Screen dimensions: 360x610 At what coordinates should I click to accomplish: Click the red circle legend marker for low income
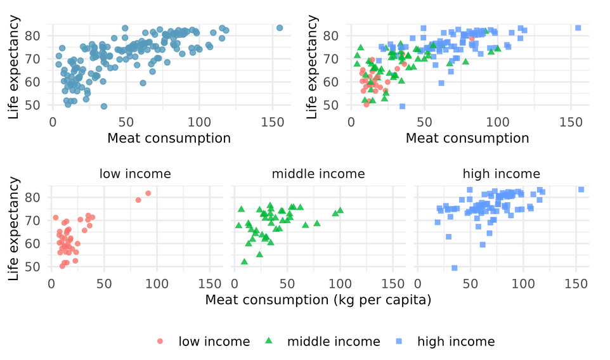159,342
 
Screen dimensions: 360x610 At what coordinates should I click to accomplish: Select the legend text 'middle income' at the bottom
334,342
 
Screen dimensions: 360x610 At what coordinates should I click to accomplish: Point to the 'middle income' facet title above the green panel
318,174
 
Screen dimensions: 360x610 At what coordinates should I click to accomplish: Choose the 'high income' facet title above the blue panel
501,174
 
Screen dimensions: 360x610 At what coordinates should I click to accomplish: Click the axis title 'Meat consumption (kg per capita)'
318,300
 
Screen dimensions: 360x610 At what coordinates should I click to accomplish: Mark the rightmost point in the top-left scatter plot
280,28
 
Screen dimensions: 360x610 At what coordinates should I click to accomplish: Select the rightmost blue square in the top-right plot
578,28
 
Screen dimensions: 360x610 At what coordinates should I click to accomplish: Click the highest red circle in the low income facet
148,193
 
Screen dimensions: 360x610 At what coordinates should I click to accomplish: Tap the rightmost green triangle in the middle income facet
341,210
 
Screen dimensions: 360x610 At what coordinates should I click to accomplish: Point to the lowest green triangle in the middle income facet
244,262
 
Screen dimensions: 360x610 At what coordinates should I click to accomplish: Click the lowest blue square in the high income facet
455,268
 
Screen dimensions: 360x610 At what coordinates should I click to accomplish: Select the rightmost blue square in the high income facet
581,190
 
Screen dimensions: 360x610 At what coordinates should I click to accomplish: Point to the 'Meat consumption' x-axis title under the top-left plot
169,138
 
